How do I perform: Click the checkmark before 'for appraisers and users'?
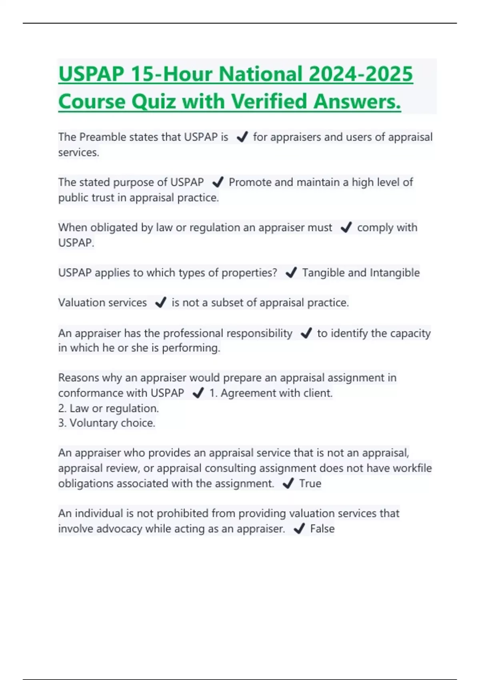tap(242, 137)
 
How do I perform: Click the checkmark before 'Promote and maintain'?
tap(218, 182)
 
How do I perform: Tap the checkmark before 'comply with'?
tap(346, 228)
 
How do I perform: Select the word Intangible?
tap(394, 273)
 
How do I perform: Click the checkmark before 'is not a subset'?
tap(160, 303)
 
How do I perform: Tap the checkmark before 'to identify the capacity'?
tap(306, 333)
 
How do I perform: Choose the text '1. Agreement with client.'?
tap(271, 393)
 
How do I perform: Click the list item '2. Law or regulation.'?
tap(108, 408)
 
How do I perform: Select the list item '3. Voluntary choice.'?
tap(106, 423)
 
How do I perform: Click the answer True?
tap(310, 484)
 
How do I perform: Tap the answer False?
tap(322, 529)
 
